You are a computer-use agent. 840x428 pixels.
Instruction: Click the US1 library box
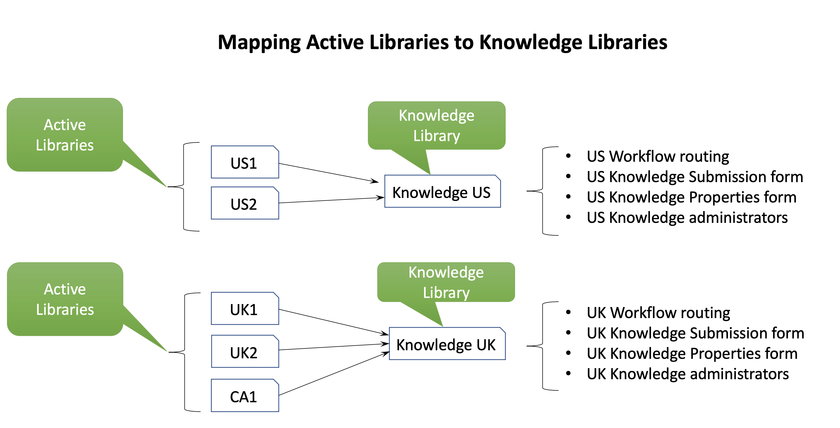click(245, 162)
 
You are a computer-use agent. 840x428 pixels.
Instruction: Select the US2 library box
click(245, 203)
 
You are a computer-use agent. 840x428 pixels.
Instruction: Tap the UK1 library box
click(245, 309)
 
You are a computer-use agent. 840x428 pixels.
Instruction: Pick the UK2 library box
click(245, 352)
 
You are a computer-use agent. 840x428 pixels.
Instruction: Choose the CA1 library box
click(245, 396)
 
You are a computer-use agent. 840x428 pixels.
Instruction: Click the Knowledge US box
click(442, 192)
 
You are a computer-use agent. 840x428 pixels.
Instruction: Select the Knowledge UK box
click(447, 344)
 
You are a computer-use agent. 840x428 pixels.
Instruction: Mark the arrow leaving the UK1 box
click(333, 322)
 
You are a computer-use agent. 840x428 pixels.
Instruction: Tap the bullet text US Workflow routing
click(657, 156)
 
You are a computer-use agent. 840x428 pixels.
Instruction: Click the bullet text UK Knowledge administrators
click(687, 374)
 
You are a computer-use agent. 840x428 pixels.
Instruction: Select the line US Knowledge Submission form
click(694, 177)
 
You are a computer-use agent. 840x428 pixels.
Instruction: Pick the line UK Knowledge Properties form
click(692, 353)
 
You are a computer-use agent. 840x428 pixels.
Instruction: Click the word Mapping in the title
click(259, 42)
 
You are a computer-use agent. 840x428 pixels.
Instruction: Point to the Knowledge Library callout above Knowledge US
click(436, 126)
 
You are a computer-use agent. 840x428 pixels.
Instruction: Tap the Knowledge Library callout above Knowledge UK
click(446, 282)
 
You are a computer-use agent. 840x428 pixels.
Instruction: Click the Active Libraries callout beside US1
click(64, 135)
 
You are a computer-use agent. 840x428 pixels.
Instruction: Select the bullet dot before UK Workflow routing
click(568, 312)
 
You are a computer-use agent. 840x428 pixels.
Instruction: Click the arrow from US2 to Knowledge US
click(331, 200)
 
